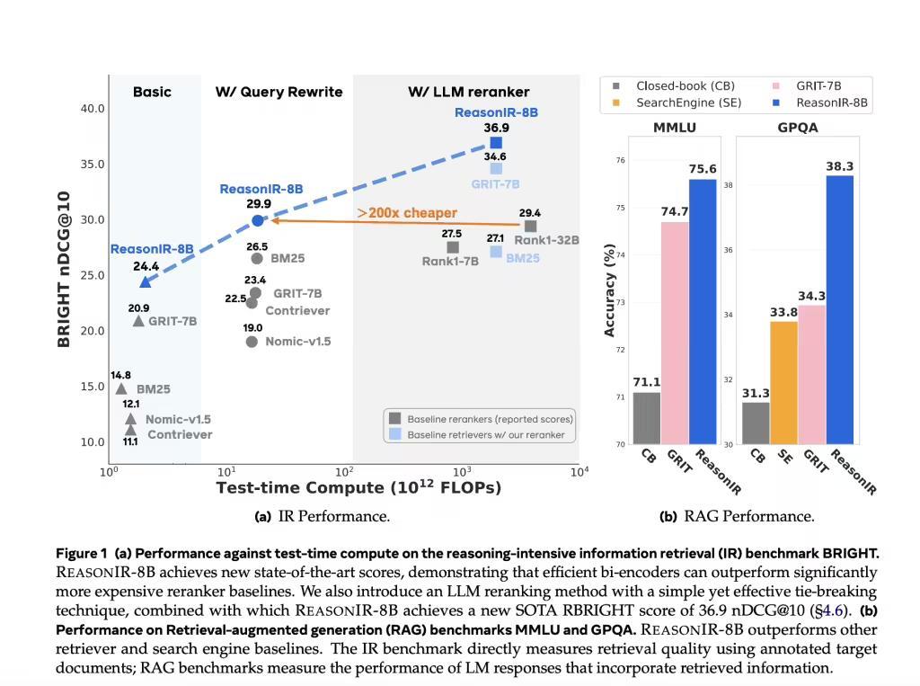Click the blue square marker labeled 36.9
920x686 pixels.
pos(496,143)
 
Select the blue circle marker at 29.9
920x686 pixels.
pos(258,220)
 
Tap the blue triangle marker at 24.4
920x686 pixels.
pos(146,281)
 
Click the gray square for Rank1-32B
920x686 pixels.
pos(530,227)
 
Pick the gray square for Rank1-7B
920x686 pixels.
pos(453,247)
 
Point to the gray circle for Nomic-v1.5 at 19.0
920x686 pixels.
pos(252,342)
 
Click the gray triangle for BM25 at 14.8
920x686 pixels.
pos(121,389)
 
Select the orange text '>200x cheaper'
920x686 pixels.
pos(407,213)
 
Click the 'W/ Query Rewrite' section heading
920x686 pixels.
pos(279,92)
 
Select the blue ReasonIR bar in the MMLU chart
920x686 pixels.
pos(703,311)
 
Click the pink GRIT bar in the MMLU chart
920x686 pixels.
pos(675,333)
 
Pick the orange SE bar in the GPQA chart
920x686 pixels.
pos(783,382)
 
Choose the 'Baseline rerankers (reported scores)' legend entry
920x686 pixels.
pos(489,419)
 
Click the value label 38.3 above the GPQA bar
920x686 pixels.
pos(839,166)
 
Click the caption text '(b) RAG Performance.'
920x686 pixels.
pos(737,516)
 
